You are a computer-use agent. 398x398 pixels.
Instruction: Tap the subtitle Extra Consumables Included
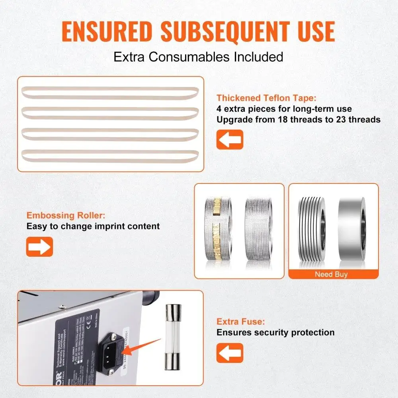[198, 57]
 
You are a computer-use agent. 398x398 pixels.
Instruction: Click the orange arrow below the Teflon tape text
[230, 139]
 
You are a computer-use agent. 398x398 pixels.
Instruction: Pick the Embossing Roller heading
[66, 216]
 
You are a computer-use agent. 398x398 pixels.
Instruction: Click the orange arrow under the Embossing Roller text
[39, 246]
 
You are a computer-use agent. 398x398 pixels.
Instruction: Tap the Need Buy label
[331, 274]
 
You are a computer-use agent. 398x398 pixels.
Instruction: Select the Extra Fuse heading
[240, 322]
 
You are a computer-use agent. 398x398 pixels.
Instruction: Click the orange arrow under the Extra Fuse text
[230, 353]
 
